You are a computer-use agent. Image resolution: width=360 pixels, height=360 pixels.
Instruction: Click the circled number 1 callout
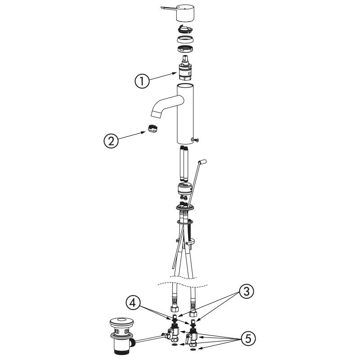(x=142, y=81)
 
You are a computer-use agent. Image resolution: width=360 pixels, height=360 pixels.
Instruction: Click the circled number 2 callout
(x=111, y=141)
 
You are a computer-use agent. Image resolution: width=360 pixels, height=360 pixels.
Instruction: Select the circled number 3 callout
(x=246, y=292)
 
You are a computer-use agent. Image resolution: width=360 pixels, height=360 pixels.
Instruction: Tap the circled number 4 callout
(x=133, y=303)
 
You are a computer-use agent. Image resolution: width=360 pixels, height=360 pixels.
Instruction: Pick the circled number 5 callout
(x=248, y=339)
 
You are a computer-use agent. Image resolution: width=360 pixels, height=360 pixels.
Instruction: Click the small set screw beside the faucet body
(x=197, y=139)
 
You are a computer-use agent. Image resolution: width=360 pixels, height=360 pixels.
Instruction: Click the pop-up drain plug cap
(x=121, y=323)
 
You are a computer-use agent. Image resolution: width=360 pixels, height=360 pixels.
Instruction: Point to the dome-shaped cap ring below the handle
(x=185, y=39)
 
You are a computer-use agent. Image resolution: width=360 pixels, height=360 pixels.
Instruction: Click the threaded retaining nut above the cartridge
(x=185, y=49)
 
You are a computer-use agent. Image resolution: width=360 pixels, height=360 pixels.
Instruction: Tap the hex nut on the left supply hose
(x=174, y=308)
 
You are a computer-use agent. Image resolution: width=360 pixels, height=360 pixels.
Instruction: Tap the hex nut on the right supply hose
(x=193, y=313)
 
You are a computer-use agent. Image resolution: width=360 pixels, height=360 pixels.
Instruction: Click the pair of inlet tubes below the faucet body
(x=184, y=163)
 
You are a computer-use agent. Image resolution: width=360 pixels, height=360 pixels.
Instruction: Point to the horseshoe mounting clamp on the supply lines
(x=185, y=242)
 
